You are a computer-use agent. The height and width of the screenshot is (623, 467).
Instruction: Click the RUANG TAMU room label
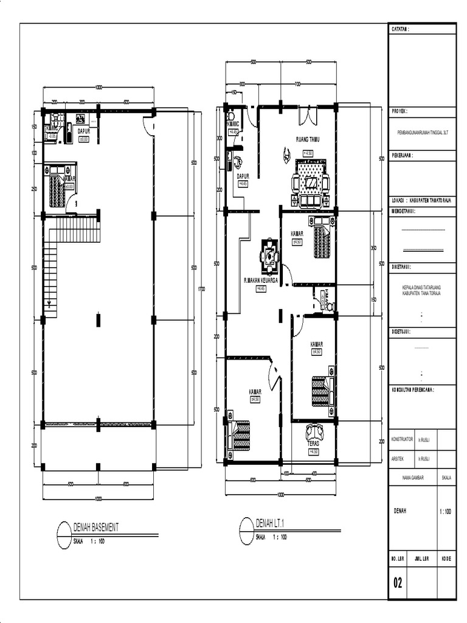tap(308, 139)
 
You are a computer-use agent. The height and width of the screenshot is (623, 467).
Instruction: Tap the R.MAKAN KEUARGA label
tap(261, 280)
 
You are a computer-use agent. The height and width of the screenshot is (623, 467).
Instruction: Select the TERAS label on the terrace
tap(313, 444)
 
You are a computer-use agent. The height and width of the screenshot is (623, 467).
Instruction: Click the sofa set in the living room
tap(311, 184)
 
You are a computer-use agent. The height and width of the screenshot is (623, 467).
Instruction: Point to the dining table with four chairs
tap(269, 256)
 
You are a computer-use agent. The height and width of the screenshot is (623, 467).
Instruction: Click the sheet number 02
tap(398, 583)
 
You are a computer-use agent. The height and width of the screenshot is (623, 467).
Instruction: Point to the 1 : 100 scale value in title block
tap(446, 512)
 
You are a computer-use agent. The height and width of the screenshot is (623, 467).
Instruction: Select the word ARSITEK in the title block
tap(398, 459)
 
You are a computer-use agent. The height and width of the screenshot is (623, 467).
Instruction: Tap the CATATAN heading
tap(400, 29)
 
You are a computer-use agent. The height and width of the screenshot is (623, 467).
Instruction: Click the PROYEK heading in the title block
tap(400, 112)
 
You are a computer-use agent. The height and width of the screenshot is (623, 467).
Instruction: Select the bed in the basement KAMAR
tap(57, 191)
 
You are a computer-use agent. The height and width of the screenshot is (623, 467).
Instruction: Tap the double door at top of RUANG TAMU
tap(308, 114)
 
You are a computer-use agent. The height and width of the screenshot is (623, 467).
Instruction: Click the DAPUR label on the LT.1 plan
tap(243, 176)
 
